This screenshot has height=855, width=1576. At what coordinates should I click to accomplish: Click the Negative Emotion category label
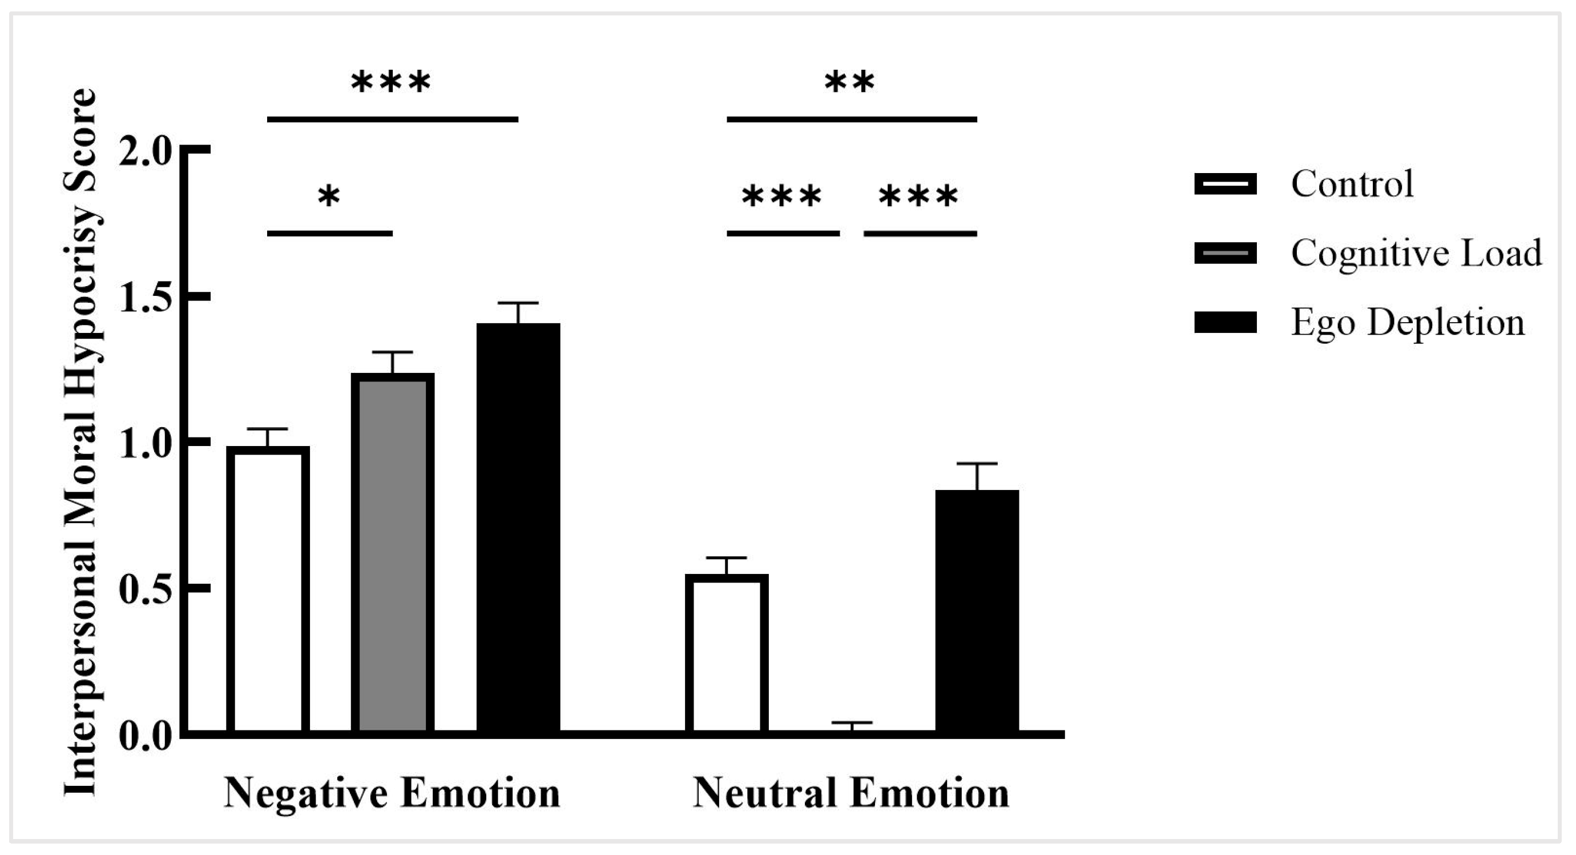pos(392,794)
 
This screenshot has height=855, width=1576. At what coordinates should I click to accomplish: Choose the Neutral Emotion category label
pos(851,794)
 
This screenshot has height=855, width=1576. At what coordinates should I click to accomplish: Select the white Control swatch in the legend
pos(1225,183)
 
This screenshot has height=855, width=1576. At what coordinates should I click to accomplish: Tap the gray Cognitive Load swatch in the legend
pos(1225,254)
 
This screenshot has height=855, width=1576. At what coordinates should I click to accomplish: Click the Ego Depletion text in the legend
pos(1408,323)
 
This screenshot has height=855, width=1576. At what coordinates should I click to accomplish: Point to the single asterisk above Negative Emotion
pos(329,197)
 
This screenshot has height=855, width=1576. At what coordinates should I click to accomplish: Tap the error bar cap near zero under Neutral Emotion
pos(852,724)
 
